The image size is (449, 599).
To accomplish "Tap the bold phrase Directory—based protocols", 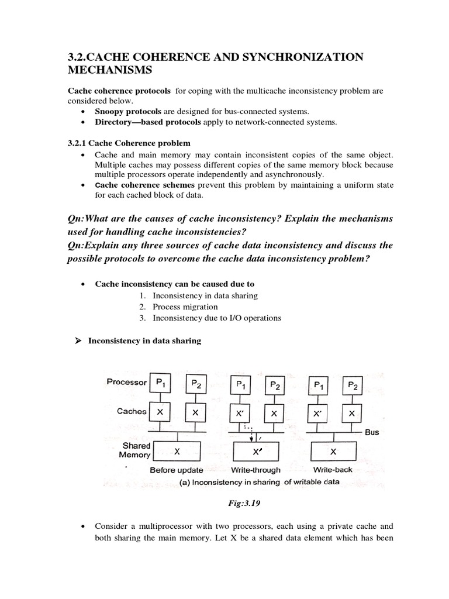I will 147,122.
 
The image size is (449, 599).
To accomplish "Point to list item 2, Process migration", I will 185,307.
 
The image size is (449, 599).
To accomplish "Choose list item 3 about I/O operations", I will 216,318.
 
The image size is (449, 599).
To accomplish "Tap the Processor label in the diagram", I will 126,382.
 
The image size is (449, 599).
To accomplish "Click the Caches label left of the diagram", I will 132,411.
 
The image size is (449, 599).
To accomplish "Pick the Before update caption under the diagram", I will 177,470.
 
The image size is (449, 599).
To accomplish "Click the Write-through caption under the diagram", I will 256,470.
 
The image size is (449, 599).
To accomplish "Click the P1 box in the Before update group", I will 160,384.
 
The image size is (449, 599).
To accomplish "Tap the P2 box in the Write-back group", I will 353,384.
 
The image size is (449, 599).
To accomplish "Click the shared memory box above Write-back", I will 333,452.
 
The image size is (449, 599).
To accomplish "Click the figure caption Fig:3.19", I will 240,502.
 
